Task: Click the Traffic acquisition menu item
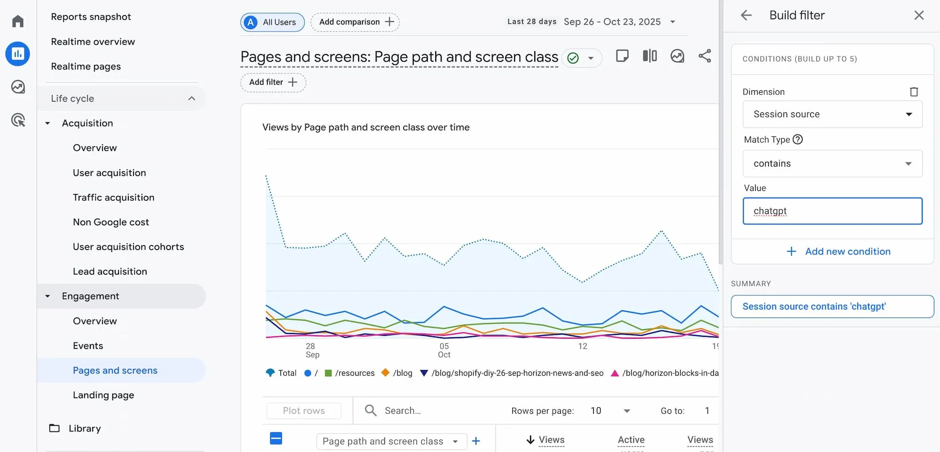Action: (113, 198)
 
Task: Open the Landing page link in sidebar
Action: (103, 395)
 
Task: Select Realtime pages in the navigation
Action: (86, 66)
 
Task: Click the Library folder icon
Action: (55, 428)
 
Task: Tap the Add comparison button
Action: (355, 22)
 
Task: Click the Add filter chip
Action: (273, 82)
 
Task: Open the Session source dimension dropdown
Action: (832, 114)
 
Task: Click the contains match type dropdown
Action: (832, 164)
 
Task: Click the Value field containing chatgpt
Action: (832, 211)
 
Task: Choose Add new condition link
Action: (839, 252)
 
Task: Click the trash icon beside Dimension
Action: (914, 92)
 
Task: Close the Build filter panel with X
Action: (919, 16)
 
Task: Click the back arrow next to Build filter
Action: (746, 16)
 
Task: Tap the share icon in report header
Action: (705, 56)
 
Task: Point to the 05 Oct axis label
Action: (444, 350)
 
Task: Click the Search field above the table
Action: (423, 411)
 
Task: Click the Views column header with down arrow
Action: (546, 440)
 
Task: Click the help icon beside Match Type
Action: (798, 139)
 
